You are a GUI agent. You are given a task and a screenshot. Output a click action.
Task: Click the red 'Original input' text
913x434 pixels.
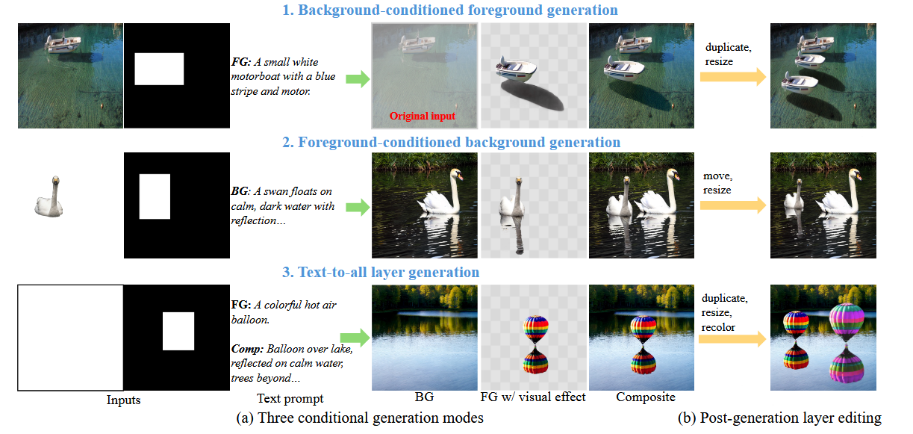point(423,117)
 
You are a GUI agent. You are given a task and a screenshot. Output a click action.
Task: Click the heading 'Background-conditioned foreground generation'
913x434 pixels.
point(458,10)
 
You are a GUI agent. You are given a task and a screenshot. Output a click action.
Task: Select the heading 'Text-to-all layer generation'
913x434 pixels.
point(388,272)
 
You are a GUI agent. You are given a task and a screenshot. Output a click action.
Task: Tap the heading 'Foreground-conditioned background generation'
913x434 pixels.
point(459,143)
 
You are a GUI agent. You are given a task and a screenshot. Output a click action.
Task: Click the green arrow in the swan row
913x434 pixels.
point(358,207)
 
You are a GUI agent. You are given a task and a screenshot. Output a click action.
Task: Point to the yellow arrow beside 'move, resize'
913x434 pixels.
point(733,205)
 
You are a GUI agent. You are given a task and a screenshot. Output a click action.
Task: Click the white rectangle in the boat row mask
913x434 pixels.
point(159,69)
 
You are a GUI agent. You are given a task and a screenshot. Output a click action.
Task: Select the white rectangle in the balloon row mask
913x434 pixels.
point(178,331)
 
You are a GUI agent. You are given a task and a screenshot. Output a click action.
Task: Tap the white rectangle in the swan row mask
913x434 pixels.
point(155,196)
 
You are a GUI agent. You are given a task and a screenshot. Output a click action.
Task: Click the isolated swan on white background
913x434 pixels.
point(50,198)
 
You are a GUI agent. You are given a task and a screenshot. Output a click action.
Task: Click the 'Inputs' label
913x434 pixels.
point(123,400)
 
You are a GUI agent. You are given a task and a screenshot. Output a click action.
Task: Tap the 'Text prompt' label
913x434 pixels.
point(290,398)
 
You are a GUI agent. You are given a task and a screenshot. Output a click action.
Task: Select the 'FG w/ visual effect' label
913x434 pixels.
point(533,397)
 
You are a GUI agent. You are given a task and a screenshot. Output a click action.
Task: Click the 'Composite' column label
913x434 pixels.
point(646,397)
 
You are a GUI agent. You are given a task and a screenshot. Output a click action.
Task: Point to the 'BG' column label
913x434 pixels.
point(424,397)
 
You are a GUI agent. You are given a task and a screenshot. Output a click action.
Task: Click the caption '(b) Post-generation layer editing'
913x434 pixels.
point(779,418)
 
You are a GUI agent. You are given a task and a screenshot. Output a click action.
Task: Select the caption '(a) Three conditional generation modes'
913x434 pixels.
point(360,418)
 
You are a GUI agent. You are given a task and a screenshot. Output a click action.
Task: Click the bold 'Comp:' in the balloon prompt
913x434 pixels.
point(247,349)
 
